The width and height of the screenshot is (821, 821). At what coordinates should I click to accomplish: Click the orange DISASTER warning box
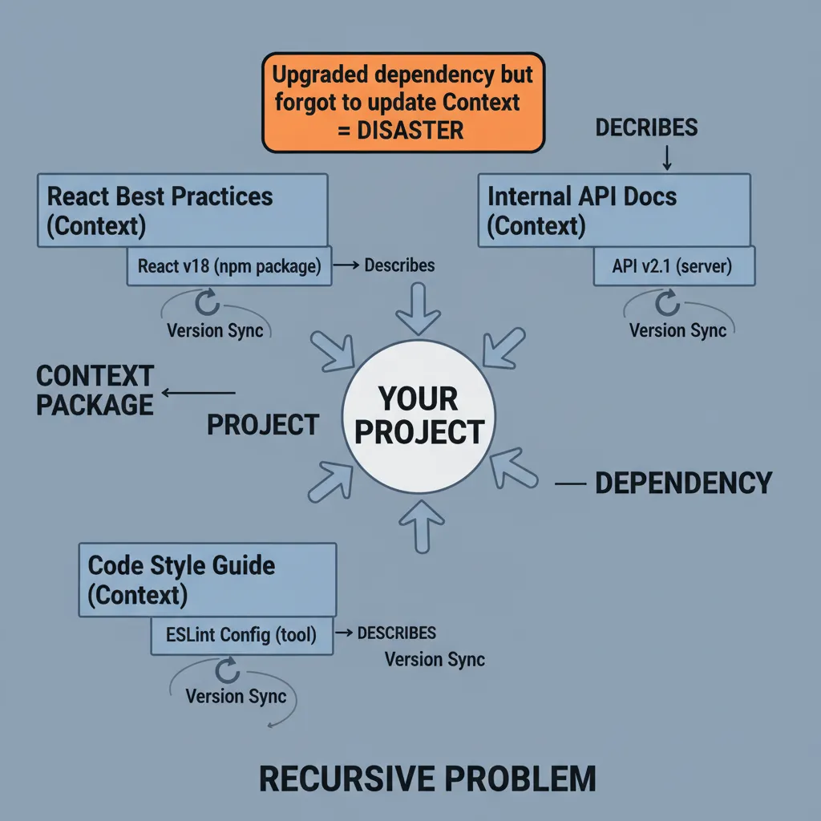pos(403,102)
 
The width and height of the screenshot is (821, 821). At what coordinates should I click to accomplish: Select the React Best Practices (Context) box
pos(182,210)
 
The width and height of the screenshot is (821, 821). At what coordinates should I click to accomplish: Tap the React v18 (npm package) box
pos(229,267)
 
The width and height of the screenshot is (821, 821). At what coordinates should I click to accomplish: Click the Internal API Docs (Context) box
pos(613,210)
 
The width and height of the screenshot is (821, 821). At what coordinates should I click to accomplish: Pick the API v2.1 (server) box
pos(673,267)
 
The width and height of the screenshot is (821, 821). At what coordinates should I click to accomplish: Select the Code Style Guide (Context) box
pos(208,580)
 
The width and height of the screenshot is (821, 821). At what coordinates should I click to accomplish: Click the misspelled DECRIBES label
pos(646,127)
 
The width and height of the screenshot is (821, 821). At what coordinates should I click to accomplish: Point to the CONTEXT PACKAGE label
pos(95,390)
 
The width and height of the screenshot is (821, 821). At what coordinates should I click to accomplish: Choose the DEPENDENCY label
pos(683,483)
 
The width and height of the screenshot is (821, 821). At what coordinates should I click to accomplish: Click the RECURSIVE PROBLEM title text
pos(427,779)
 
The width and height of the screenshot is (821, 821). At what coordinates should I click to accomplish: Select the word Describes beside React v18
pos(399,265)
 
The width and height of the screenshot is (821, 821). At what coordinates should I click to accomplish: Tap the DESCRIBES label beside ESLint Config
pos(396,633)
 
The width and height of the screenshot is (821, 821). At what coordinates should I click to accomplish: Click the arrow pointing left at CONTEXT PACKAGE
pos(199,393)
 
